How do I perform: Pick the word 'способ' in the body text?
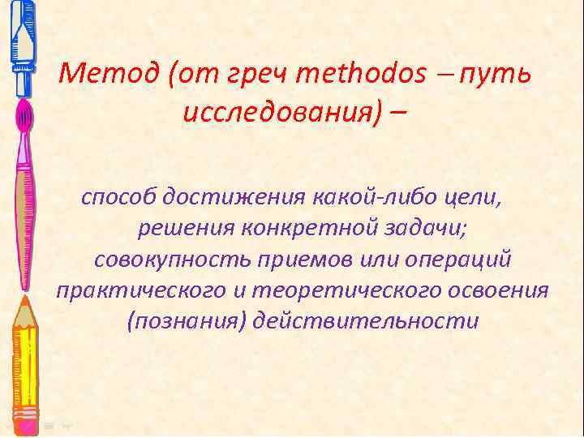point(118,196)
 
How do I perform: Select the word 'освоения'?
point(497,290)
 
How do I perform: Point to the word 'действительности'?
point(366,320)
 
